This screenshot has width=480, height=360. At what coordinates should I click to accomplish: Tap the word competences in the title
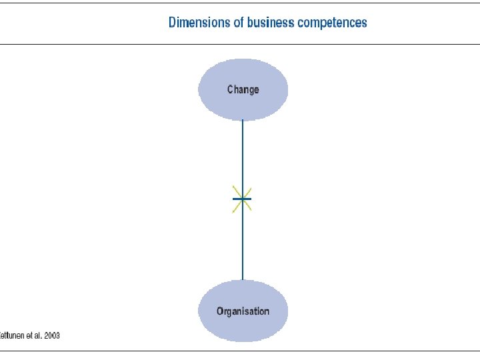(x=332, y=23)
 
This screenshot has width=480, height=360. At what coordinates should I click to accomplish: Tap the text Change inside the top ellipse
(x=243, y=89)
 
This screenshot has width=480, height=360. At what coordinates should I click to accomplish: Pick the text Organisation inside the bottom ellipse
(x=243, y=311)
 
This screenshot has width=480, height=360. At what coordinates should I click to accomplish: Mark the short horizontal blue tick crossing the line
(x=247, y=199)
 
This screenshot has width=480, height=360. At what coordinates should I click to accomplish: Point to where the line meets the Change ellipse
(x=243, y=121)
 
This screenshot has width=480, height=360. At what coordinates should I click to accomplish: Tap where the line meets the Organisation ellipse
(x=243, y=280)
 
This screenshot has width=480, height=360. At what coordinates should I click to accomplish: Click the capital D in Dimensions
(x=173, y=23)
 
